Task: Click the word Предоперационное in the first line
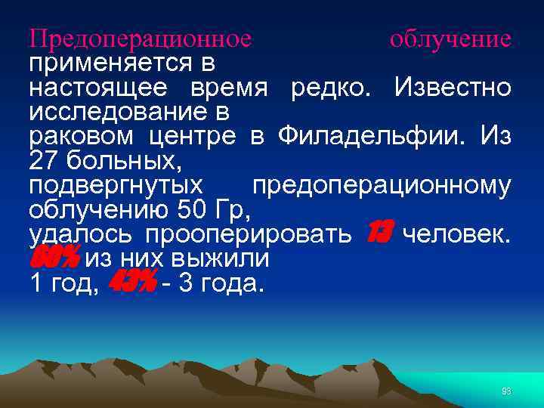point(140,38)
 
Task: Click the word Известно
point(452,88)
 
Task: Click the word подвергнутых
point(116,186)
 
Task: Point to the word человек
point(457,235)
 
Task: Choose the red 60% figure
point(54,259)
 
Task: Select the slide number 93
point(506,391)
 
